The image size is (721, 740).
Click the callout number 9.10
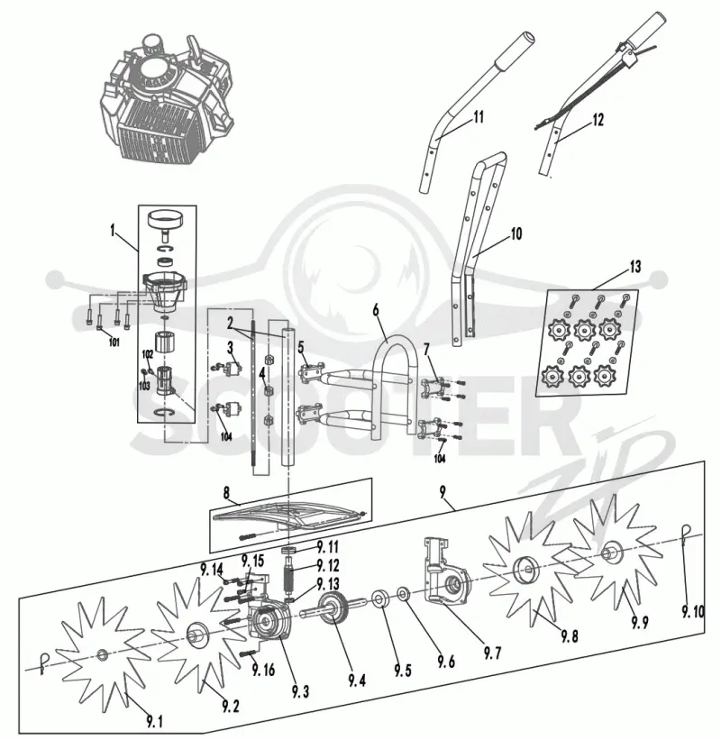tap(693, 612)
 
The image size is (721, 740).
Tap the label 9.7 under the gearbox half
tap(492, 653)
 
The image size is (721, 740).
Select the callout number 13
tap(635, 267)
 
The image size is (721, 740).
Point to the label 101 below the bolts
tap(114, 343)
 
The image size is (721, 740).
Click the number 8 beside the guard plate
tap(226, 493)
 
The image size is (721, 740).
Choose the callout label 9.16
tap(263, 670)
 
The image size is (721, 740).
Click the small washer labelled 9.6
tap(403, 594)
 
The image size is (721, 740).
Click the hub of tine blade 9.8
tap(525, 569)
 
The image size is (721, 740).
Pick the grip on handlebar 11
tap(515, 51)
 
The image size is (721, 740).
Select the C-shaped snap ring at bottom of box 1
tap(166, 413)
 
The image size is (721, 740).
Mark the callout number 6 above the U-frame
tap(376, 310)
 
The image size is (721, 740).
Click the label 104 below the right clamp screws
tap(440, 458)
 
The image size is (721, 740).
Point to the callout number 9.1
tap(154, 722)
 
